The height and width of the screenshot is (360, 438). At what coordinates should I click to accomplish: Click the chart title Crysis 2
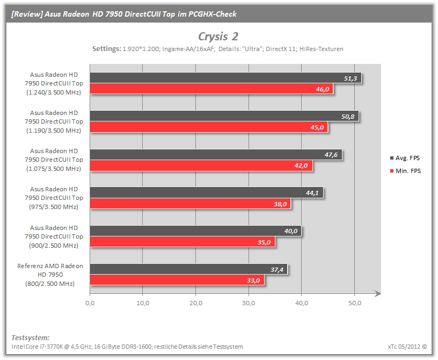pos(218,37)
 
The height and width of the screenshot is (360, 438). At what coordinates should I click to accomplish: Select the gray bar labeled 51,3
pos(225,78)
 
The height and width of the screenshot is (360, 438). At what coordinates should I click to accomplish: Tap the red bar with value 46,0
pos(211,89)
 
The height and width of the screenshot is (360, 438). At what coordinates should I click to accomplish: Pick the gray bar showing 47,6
pos(216,155)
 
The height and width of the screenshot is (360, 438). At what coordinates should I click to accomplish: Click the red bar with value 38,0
pos(190,204)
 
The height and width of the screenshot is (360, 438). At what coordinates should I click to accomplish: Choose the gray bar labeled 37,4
pos(188,269)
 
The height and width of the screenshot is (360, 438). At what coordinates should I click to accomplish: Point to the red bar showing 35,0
pos(182,242)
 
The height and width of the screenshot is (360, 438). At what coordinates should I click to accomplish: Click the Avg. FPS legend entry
pos(405,158)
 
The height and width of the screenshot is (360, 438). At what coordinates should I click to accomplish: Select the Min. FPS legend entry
pos(405,171)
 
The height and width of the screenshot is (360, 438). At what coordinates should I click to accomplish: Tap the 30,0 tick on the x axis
pos(249,303)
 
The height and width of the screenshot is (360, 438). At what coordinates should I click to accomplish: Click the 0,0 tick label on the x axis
pos(90,303)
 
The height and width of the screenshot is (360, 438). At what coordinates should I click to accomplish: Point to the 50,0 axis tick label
pos(354,303)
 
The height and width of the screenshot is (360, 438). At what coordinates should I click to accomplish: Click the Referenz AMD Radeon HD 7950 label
pos(50,275)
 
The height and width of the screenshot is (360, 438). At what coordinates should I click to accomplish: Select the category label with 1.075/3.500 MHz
pos(54,160)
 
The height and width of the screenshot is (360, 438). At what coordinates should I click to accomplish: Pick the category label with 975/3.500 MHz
pos(54,198)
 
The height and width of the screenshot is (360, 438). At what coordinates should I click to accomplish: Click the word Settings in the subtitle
pos(107,49)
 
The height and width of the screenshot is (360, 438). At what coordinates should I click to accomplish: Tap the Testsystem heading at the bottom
pos(31,337)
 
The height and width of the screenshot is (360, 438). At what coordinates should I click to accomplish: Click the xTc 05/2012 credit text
pos(407,347)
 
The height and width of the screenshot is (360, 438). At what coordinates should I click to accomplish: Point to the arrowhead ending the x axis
pos(378,294)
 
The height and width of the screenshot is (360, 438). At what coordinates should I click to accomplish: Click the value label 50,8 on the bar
pos(348,117)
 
